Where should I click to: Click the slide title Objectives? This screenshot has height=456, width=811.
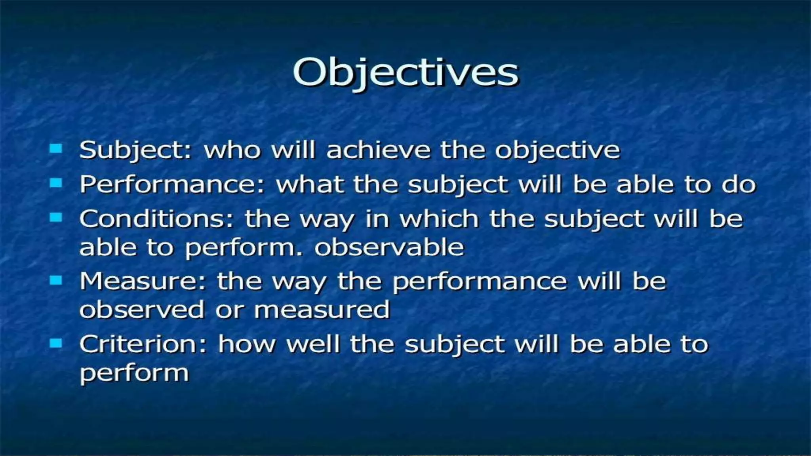point(405,73)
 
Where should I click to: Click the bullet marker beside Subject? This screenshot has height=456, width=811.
point(56,149)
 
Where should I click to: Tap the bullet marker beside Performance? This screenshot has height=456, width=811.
point(56,183)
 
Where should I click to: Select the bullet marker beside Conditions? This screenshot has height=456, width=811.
point(56,217)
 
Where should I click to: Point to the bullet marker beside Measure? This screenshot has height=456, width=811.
point(56,280)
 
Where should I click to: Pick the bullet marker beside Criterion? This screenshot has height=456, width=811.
point(56,343)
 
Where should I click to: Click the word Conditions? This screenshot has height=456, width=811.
point(157,219)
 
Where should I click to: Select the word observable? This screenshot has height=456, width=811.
point(389,247)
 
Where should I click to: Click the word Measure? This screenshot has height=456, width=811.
point(143,282)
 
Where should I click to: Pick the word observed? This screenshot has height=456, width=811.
point(142,310)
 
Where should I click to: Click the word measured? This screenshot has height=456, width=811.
point(322,310)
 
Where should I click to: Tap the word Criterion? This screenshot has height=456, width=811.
point(143,344)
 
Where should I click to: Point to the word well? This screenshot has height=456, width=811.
point(313,344)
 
